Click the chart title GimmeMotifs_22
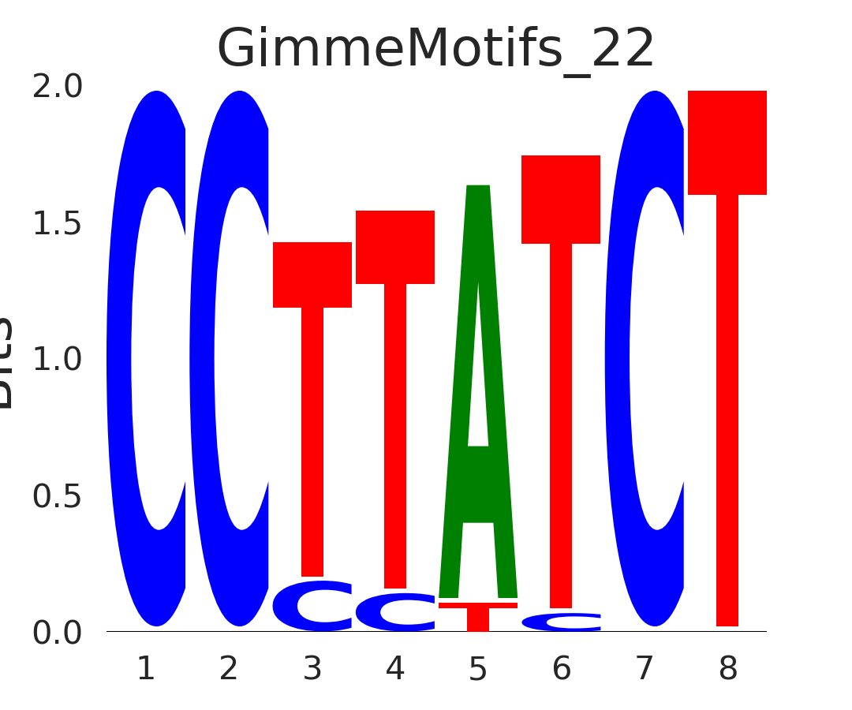click(x=435, y=49)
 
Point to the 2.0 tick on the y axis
click(x=58, y=88)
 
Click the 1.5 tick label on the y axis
click(x=58, y=224)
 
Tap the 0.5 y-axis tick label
click(x=58, y=497)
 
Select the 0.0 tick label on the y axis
click(x=58, y=633)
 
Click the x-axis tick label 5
click(x=478, y=670)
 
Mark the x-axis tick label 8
click(x=727, y=670)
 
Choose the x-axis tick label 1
click(x=146, y=670)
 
